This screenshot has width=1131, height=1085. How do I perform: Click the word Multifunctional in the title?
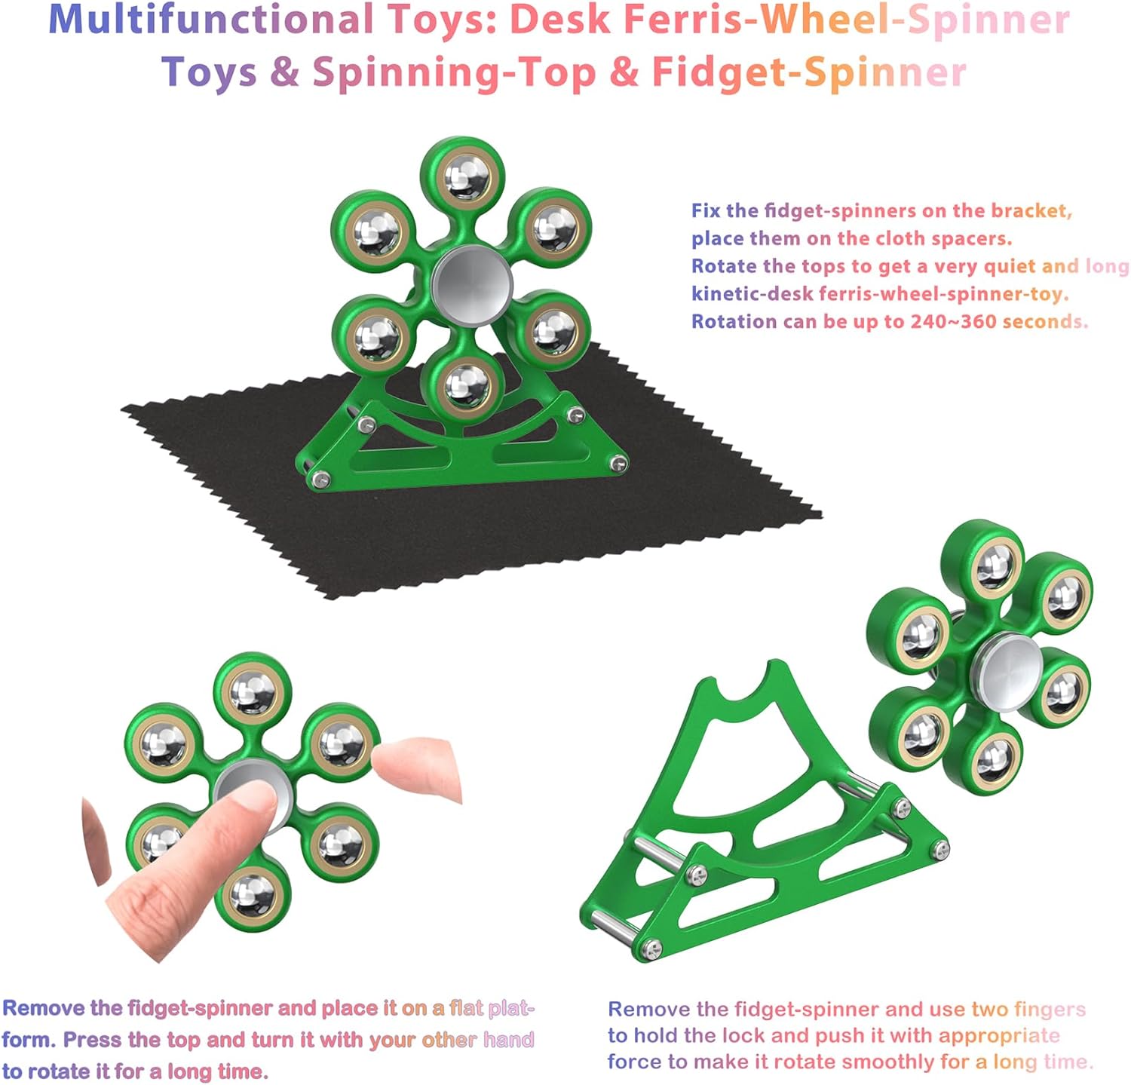tap(212, 20)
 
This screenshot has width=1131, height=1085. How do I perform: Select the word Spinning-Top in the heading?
tap(454, 73)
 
